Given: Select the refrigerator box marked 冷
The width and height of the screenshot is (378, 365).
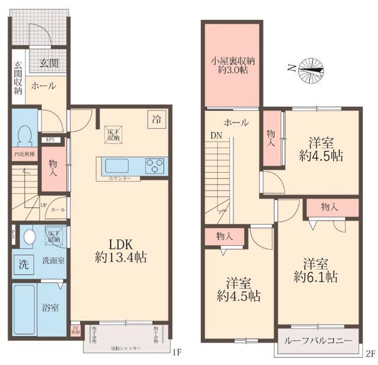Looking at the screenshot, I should [157, 119].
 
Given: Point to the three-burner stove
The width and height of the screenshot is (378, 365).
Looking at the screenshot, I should [156, 166].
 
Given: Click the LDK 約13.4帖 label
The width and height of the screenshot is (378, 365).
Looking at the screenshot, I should [123, 251].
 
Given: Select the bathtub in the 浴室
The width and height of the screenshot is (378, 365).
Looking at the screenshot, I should [24, 307].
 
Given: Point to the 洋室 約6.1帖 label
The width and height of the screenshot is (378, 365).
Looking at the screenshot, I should [317, 269].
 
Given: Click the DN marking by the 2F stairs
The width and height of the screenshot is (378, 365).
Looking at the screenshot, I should [216, 134].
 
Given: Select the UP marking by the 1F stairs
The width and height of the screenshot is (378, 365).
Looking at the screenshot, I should [44, 206].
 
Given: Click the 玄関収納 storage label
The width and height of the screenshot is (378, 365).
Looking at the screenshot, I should [18, 78].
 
